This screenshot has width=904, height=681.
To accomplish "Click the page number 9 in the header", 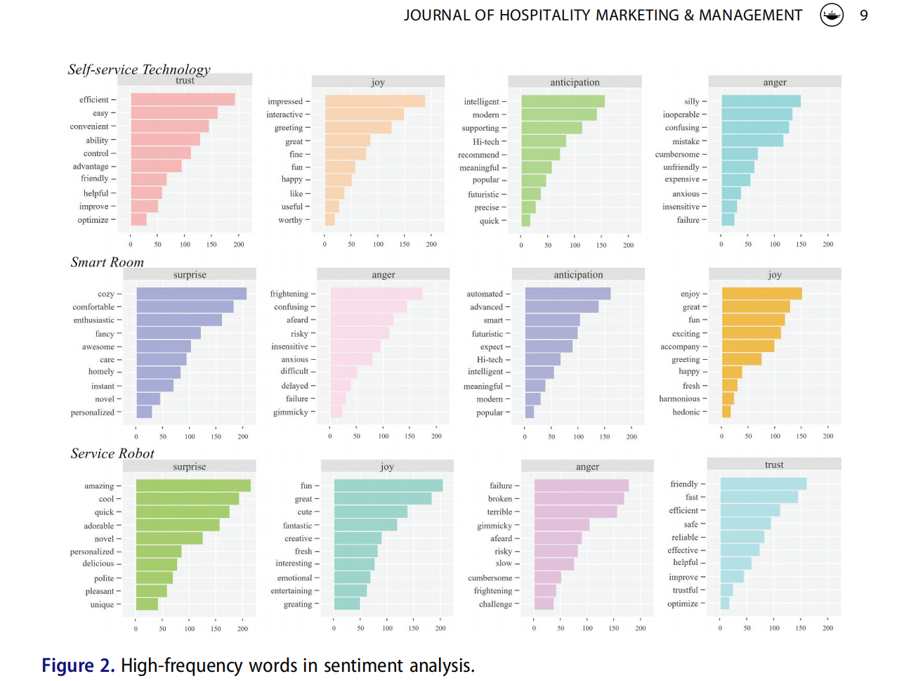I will click(x=863, y=15).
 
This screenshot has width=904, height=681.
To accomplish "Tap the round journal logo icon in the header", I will click(x=832, y=15).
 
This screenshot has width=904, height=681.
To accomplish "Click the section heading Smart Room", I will click(x=107, y=262).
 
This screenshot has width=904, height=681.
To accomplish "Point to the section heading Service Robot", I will click(x=112, y=453).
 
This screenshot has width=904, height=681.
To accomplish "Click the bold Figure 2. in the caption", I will click(x=77, y=666).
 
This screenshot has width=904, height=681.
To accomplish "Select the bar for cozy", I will click(x=191, y=294).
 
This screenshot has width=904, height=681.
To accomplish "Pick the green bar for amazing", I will click(x=193, y=486).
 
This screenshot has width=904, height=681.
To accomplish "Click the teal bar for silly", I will click(x=761, y=101).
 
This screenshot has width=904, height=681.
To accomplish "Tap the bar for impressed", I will click(x=374, y=101).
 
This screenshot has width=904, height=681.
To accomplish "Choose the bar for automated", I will click(x=568, y=294).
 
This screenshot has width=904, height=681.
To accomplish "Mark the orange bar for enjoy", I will click(x=761, y=294).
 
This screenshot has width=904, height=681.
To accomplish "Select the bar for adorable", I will click(x=178, y=525).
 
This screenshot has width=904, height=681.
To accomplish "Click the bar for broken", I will click(x=579, y=498).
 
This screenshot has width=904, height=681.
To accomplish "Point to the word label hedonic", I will click(x=686, y=412).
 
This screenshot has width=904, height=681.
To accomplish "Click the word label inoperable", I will click(x=681, y=115).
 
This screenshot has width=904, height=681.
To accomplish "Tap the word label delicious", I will click(x=98, y=564).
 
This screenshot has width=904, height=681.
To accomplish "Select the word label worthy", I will click(x=290, y=220).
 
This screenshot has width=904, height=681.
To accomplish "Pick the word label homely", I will click(x=101, y=372).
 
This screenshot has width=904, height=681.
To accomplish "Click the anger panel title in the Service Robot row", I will click(x=587, y=467).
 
